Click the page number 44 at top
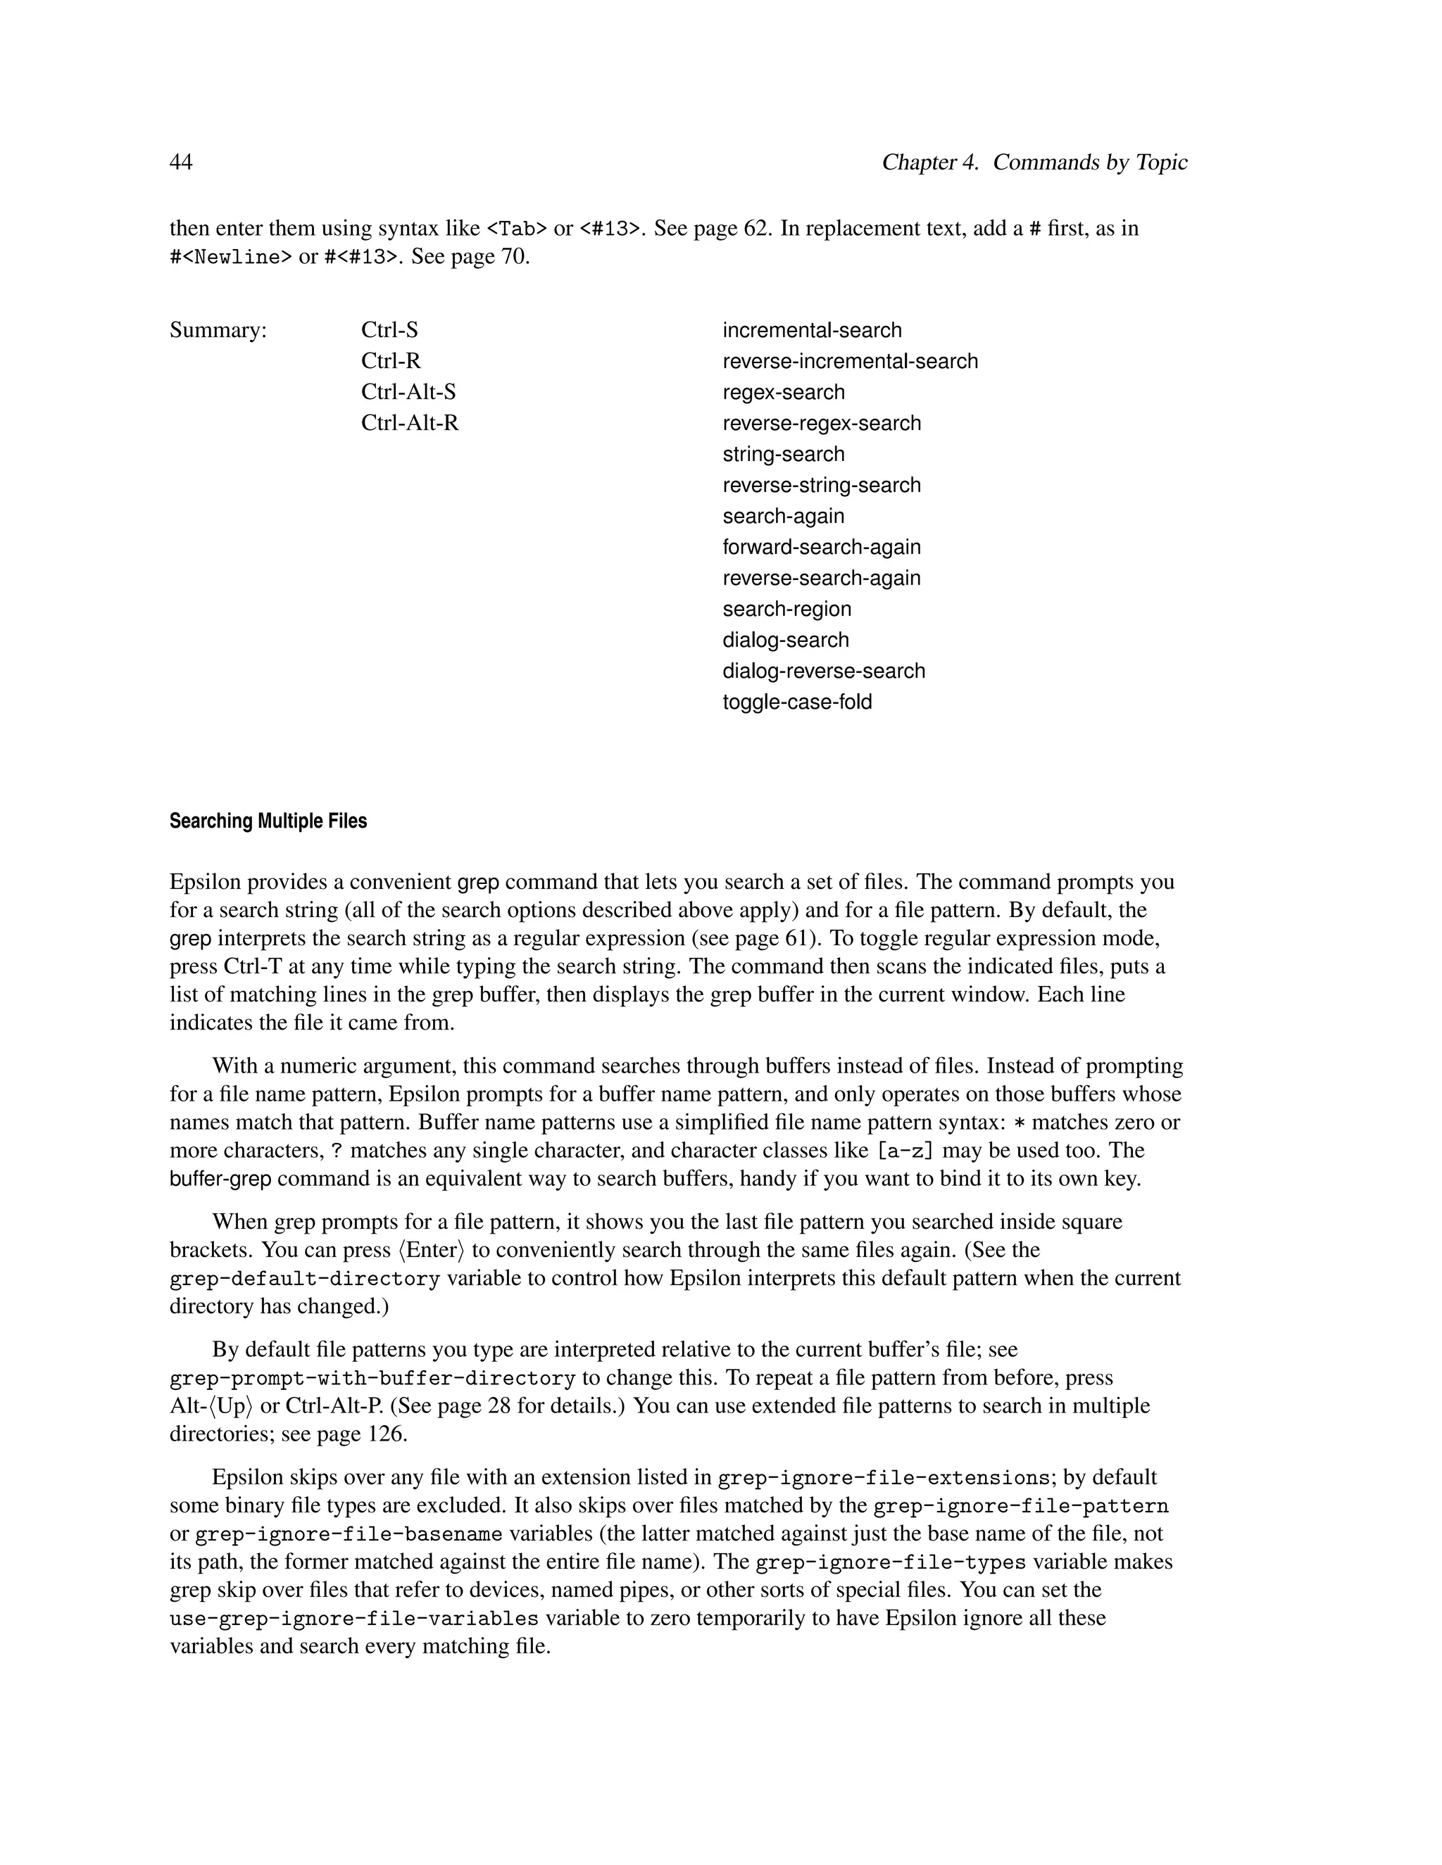181,163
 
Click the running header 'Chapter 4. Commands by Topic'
1034,163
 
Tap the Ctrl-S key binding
389,331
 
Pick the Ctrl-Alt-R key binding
410,423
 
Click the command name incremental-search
812,331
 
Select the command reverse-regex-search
821,424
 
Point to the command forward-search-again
821,548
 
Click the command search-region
786,609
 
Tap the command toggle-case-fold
797,702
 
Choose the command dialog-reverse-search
824,671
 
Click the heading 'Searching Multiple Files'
268,821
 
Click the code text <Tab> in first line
516,229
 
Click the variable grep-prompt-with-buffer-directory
372,1378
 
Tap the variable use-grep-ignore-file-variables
355,1618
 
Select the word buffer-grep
220,1180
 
